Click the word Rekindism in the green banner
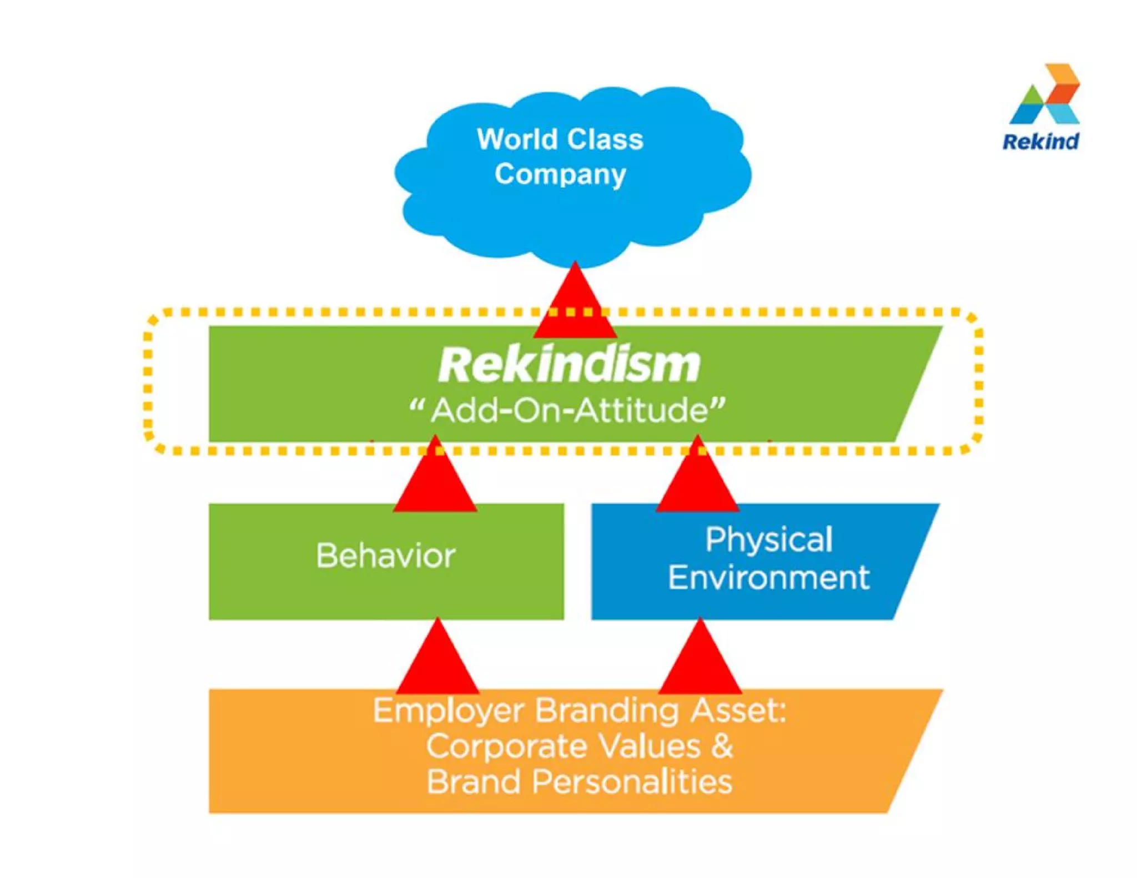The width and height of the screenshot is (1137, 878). pyautogui.click(x=568, y=365)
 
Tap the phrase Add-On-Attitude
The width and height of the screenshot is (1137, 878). pyautogui.click(x=570, y=411)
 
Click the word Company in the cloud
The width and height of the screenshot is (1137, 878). pyautogui.click(x=560, y=174)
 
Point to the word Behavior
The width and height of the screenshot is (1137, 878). pyautogui.click(x=386, y=556)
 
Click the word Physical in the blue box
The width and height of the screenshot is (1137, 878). pyautogui.click(x=769, y=539)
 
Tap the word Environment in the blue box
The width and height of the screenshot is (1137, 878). pyautogui.click(x=769, y=578)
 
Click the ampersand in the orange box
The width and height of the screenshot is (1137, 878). pyautogui.click(x=722, y=745)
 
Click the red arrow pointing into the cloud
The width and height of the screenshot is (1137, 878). pyautogui.click(x=575, y=305)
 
